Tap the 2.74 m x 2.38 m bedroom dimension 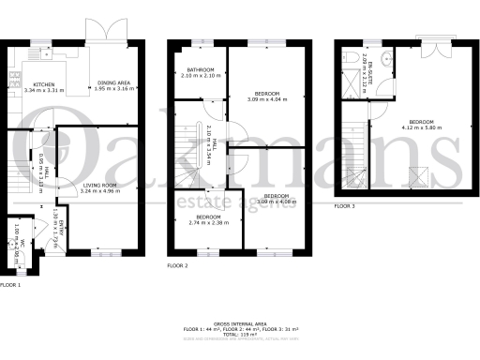[x=208, y=223]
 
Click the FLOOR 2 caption [x=178, y=266]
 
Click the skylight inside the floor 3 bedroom [x=416, y=172]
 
